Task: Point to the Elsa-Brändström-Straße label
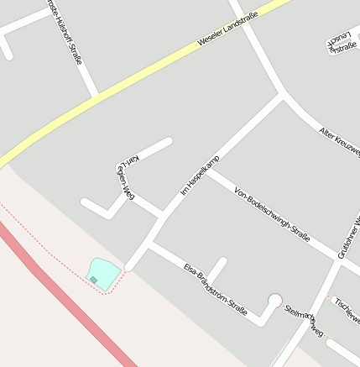(x=216, y=290)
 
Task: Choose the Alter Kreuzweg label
(x=339, y=141)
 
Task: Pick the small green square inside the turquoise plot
(x=94, y=280)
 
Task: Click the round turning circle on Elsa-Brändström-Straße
(x=274, y=300)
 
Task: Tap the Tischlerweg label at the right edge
(x=347, y=310)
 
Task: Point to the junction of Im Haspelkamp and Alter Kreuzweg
(x=284, y=97)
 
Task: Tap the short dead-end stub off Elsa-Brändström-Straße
(x=217, y=270)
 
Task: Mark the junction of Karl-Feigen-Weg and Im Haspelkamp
(x=162, y=214)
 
